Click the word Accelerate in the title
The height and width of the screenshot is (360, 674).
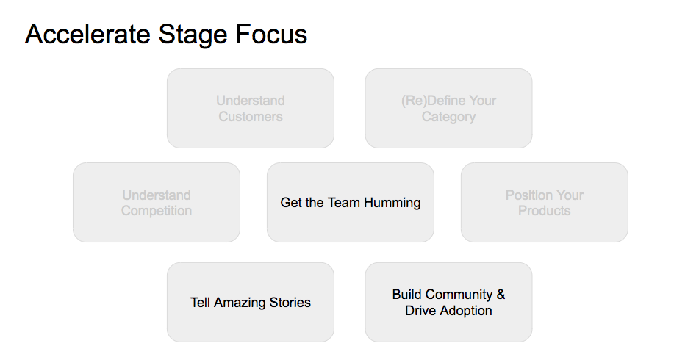(87, 34)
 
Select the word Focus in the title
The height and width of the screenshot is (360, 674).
(271, 34)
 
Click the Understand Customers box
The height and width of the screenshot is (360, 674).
(251, 108)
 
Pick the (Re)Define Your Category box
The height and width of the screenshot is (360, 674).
(449, 108)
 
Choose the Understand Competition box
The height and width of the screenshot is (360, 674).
(157, 202)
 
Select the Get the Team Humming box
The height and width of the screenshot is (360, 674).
(351, 202)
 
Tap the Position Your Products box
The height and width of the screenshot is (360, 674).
(545, 202)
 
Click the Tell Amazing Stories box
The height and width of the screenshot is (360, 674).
(251, 303)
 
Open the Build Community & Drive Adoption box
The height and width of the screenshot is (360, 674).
(449, 303)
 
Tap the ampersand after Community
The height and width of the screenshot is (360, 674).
(501, 295)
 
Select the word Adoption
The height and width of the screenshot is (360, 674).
(466, 311)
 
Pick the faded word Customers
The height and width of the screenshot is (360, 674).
(251, 116)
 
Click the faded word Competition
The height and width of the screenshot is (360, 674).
(157, 211)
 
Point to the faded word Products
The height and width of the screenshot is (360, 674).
(544, 211)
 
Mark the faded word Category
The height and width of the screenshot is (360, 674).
(449, 117)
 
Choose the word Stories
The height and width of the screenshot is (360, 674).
(290, 303)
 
